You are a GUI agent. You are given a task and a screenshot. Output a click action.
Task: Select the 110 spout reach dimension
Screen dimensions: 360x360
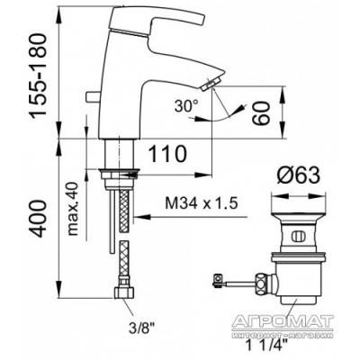(x=167, y=154)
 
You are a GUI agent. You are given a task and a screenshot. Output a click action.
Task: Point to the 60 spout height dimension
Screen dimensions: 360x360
(x=260, y=112)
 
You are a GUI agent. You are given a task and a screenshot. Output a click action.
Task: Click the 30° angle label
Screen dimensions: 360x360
(x=186, y=106)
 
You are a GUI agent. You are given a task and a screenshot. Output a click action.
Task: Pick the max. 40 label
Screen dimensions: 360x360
(x=73, y=209)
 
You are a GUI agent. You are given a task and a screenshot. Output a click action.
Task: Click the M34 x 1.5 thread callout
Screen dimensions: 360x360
(x=202, y=203)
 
